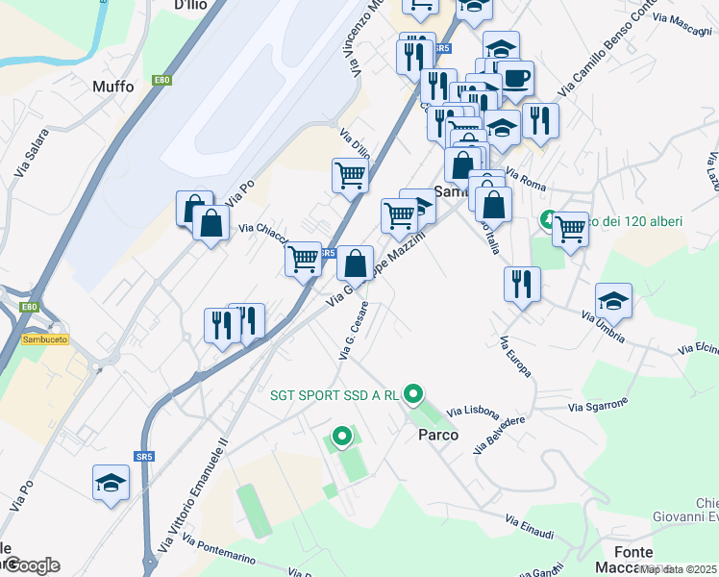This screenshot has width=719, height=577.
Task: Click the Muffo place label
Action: (113, 86)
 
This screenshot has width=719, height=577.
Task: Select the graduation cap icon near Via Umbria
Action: (613, 301)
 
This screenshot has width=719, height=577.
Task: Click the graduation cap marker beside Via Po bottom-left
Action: (112, 483)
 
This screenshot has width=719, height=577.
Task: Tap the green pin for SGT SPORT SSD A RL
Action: (413, 393)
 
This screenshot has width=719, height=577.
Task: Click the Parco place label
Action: (437, 435)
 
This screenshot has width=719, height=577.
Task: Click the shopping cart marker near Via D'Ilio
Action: (350, 176)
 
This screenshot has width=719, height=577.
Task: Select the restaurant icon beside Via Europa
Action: (522, 284)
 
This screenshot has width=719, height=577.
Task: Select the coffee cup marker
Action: (516, 78)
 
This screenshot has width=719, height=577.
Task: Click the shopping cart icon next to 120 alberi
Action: (571, 230)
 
